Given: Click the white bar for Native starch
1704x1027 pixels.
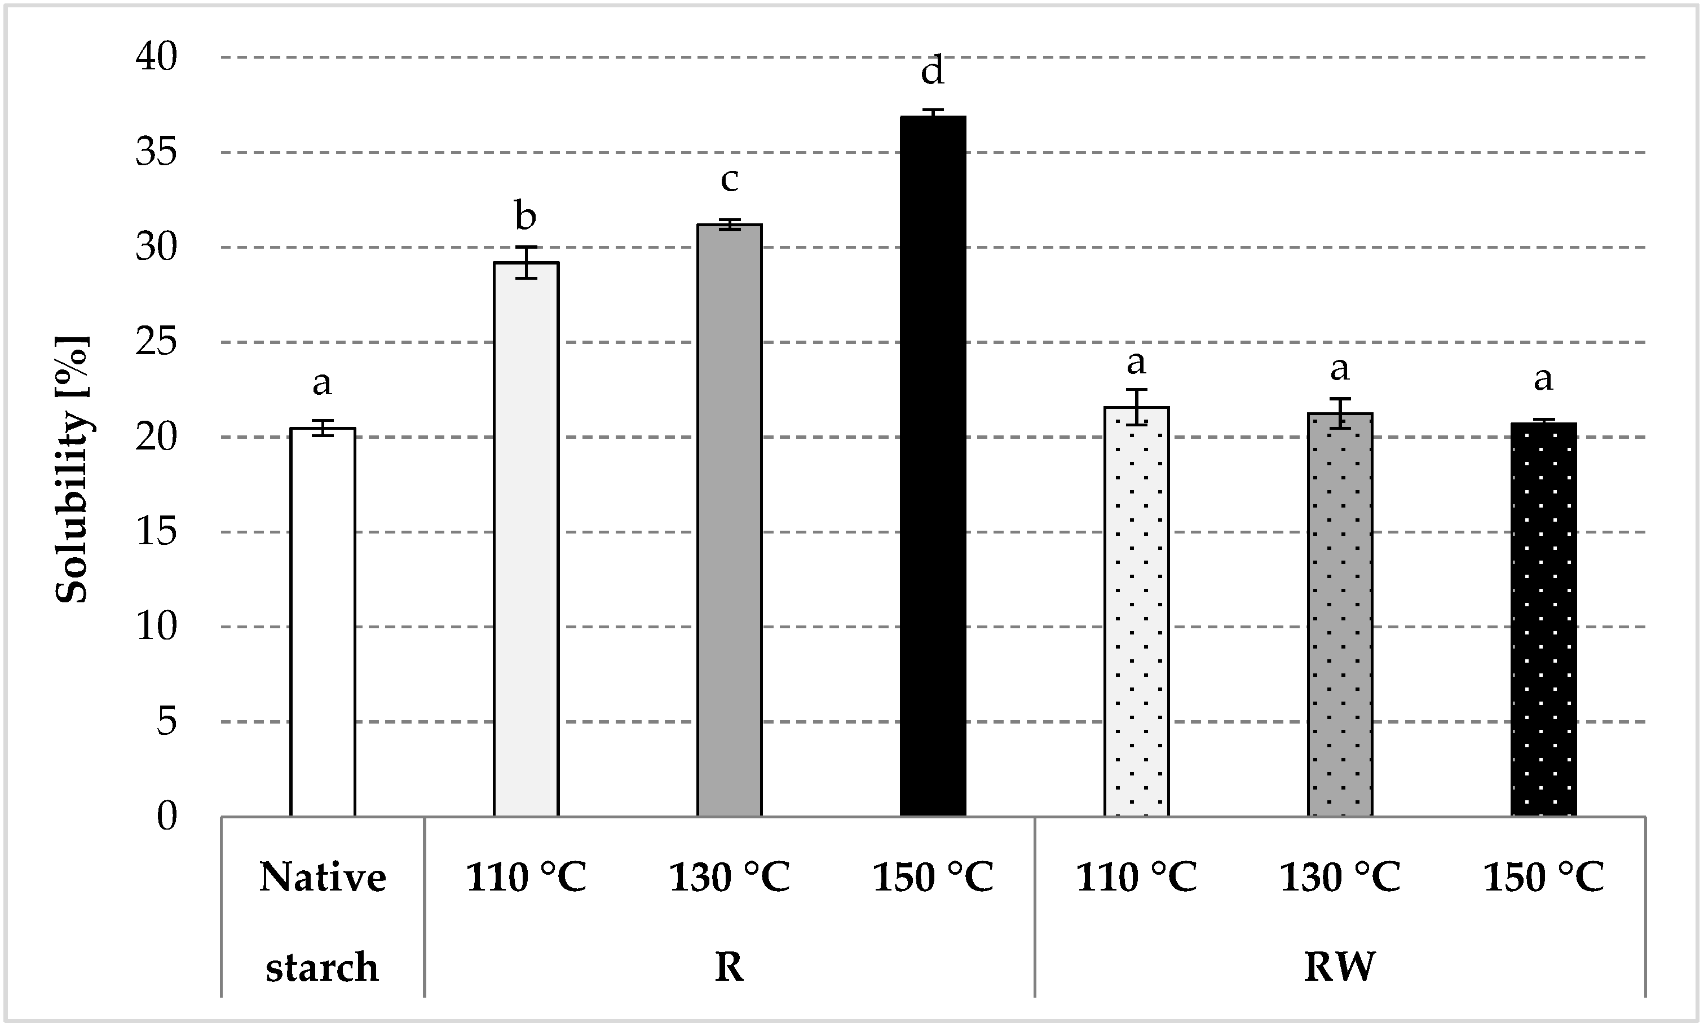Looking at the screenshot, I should pyautogui.click(x=323, y=623).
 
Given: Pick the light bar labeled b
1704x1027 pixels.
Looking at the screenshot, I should pyautogui.click(x=526, y=539).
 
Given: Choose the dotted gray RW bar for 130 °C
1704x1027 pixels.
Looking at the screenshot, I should pyautogui.click(x=1340, y=615).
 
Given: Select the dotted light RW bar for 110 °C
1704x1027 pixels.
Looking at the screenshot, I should pyautogui.click(x=1136, y=612).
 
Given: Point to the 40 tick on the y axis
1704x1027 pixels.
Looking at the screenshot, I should pyautogui.click(x=156, y=57).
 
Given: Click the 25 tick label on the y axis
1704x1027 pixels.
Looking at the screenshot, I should pyautogui.click(x=156, y=342).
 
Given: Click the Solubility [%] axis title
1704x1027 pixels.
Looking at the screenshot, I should pyautogui.click(x=72, y=470).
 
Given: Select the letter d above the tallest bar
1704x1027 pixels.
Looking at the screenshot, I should pyautogui.click(x=932, y=71).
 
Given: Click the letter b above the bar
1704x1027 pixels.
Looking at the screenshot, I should pyautogui.click(x=526, y=216).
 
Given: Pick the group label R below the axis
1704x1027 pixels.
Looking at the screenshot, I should pyautogui.click(x=729, y=967).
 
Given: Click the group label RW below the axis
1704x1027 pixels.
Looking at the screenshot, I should pyautogui.click(x=1340, y=967).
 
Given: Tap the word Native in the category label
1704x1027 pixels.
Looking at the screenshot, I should pyautogui.click(x=323, y=878).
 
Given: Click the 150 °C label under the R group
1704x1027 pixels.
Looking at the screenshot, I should pyautogui.click(x=932, y=878).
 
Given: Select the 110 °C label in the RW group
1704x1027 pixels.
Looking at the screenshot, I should pyautogui.click(x=1136, y=878).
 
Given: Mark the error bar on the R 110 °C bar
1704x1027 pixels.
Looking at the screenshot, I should pyautogui.click(x=526, y=262).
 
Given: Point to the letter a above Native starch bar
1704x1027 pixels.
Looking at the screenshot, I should pyautogui.click(x=323, y=383).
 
